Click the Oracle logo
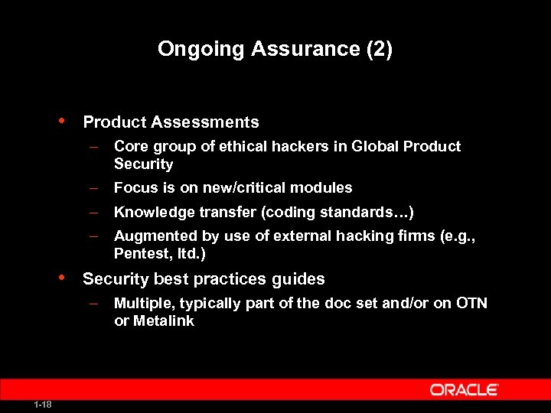point(465,390)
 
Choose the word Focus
point(133,187)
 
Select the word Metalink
point(164,320)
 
